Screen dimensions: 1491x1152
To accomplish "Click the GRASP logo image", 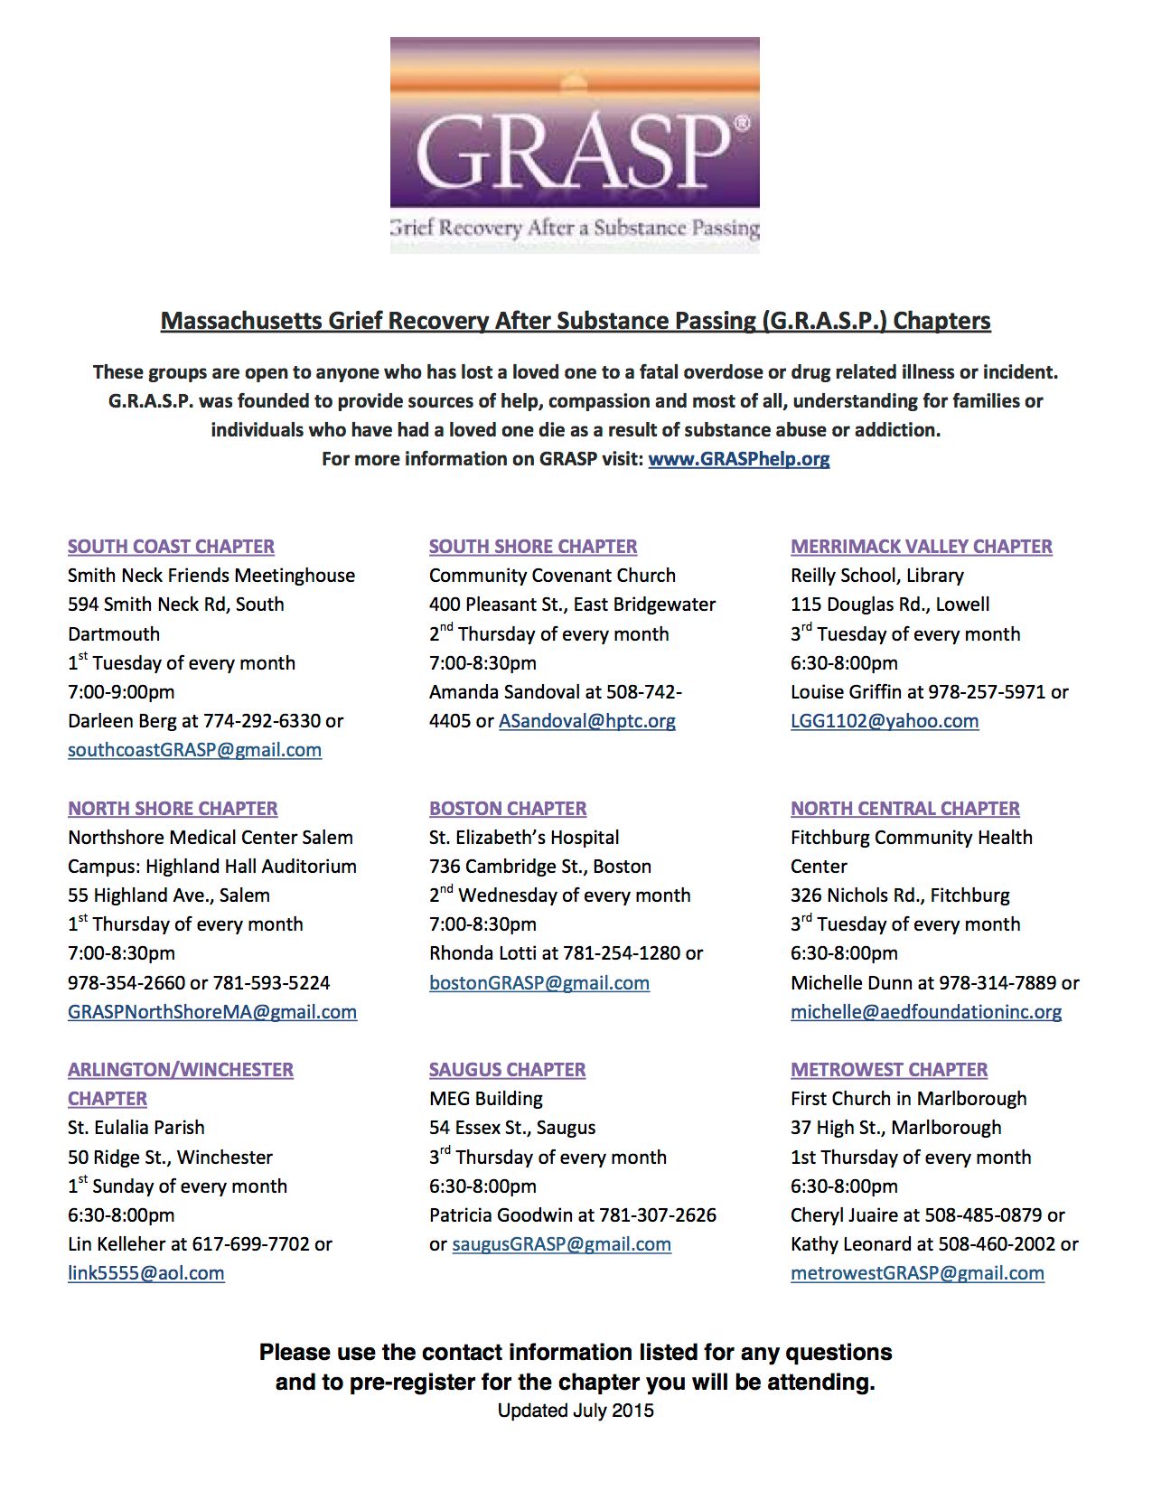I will click(x=575, y=145).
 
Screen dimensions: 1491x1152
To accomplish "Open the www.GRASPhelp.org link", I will click(x=738, y=459).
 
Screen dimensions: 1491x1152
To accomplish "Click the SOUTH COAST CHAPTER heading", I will click(x=171, y=547).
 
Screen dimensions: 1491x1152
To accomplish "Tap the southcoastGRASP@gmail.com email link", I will click(x=194, y=750).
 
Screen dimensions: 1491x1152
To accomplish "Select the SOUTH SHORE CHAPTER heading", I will click(x=533, y=547).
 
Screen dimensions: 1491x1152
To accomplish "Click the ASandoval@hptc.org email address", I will click(x=587, y=721).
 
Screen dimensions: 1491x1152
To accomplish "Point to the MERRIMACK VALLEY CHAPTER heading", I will click(x=922, y=547).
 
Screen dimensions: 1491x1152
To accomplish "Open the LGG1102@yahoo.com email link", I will click(x=885, y=721).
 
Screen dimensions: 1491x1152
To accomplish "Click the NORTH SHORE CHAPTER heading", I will click(x=173, y=809).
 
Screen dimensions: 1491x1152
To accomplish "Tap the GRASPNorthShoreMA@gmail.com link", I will click(x=212, y=1012).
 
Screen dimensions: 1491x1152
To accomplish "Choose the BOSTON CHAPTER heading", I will click(x=508, y=809).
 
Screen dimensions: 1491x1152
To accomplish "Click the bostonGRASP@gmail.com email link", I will click(x=539, y=983).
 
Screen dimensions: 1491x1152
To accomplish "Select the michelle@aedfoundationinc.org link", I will click(x=926, y=1012).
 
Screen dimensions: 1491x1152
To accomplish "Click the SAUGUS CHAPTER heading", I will click(x=507, y=1070).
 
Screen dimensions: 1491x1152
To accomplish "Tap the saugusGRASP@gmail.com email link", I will click(x=561, y=1244).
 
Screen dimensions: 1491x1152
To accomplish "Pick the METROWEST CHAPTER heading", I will click(x=889, y=1070).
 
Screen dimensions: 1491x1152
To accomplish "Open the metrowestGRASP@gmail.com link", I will click(x=917, y=1273).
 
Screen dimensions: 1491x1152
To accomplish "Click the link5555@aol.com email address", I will click(x=146, y=1273).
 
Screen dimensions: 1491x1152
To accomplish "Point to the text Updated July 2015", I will click(x=576, y=1411).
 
